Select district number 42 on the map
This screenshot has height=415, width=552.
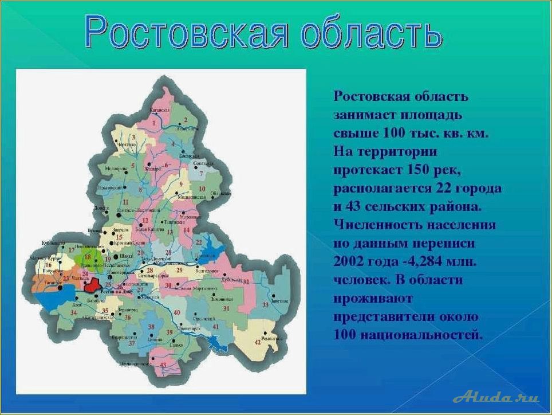point(258,342)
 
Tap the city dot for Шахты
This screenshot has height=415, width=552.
point(116,258)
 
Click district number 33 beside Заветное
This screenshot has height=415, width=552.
point(265,306)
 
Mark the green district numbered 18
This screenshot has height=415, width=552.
point(88,257)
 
